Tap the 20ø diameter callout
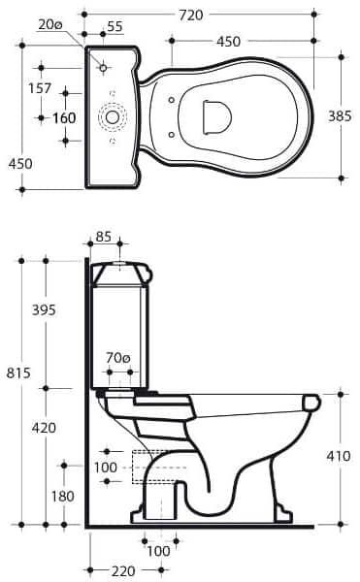50,24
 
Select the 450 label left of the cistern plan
20,164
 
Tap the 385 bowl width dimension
341,115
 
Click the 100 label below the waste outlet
158,551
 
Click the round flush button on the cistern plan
114,117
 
